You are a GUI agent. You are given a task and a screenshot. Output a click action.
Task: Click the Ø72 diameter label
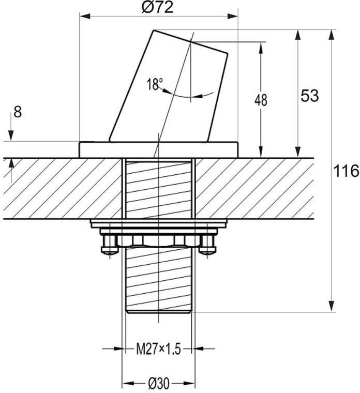point(157,8)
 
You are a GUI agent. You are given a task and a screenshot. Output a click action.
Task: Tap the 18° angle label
point(155,84)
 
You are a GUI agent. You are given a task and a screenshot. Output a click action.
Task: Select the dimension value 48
point(261,100)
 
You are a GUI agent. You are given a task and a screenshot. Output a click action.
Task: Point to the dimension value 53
point(310,96)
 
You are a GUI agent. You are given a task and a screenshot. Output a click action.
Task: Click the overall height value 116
point(346,171)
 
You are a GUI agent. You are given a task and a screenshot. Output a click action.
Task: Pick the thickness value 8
point(18,112)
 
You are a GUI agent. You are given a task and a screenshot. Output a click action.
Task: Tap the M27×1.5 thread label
point(158,349)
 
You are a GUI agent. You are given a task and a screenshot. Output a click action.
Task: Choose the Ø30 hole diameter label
point(159,383)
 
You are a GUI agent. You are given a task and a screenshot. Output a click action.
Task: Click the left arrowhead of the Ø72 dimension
point(85,17)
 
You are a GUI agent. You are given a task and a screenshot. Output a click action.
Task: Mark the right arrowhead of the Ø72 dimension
point(232,17)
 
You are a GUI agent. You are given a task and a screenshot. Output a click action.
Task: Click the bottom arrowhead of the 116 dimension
point(332,307)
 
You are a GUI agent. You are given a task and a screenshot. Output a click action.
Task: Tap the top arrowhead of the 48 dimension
point(261,48)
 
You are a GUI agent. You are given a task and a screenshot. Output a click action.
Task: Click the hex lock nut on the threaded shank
point(158,240)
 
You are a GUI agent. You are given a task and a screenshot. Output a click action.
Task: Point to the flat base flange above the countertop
point(158,150)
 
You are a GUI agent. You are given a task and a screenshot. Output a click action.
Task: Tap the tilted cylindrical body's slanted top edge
point(191,41)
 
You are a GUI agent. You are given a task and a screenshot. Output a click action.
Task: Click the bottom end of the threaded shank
point(158,311)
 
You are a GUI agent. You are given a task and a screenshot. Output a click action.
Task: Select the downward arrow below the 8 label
point(11,127)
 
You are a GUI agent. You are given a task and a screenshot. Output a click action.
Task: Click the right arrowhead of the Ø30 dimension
point(189,383)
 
